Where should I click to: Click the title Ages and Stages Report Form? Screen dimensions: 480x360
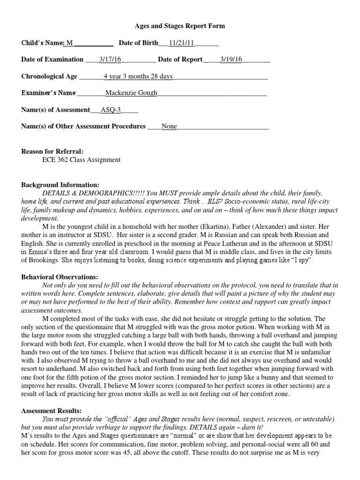click(x=180, y=26)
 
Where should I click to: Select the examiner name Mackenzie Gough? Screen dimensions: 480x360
click(x=131, y=93)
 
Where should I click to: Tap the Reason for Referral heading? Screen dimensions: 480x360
click(x=52, y=151)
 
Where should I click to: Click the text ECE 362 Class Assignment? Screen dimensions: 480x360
click(x=81, y=160)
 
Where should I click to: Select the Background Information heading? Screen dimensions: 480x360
click(x=60, y=185)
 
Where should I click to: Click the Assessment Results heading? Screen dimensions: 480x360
click(x=51, y=411)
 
